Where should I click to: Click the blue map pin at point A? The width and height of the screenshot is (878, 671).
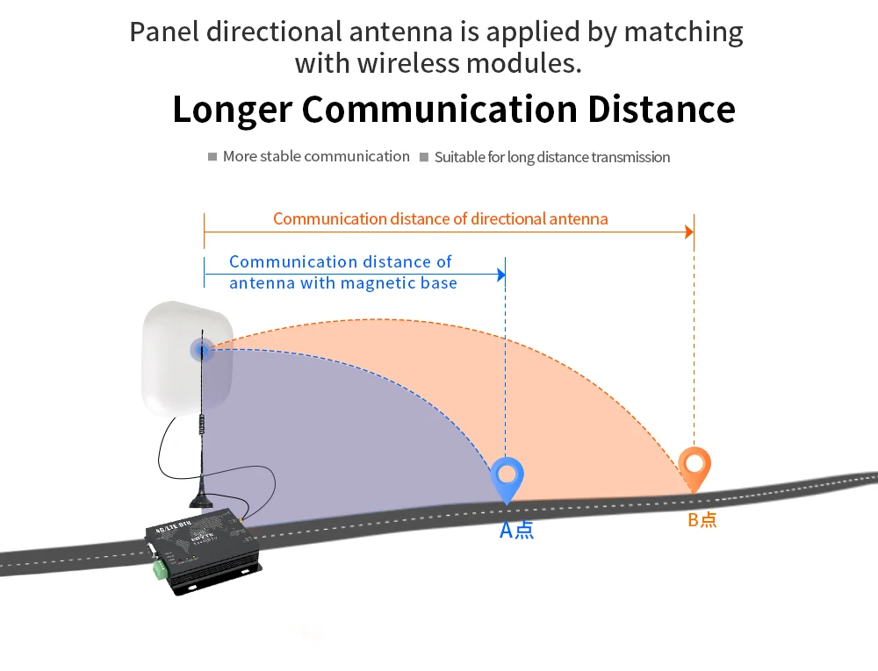(x=507, y=476)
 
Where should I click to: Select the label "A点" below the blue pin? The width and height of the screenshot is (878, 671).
(x=516, y=530)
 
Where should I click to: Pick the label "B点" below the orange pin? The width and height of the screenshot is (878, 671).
(x=702, y=519)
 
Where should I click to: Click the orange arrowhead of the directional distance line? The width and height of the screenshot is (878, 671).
(x=689, y=232)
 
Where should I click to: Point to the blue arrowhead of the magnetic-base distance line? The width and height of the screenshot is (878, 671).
(x=501, y=275)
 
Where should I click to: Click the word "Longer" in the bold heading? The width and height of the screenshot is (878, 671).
(x=232, y=110)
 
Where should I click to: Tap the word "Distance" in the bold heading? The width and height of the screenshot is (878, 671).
(x=661, y=110)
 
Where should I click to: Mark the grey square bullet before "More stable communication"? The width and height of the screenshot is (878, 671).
(x=212, y=157)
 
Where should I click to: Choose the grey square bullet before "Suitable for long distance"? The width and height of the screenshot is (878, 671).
(x=424, y=158)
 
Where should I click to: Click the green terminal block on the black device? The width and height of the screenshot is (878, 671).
(x=159, y=569)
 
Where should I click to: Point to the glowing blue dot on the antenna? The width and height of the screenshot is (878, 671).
(x=203, y=351)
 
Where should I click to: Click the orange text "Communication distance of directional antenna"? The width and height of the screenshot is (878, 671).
(x=440, y=218)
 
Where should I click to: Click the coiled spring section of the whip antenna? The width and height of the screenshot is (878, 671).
(x=202, y=425)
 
